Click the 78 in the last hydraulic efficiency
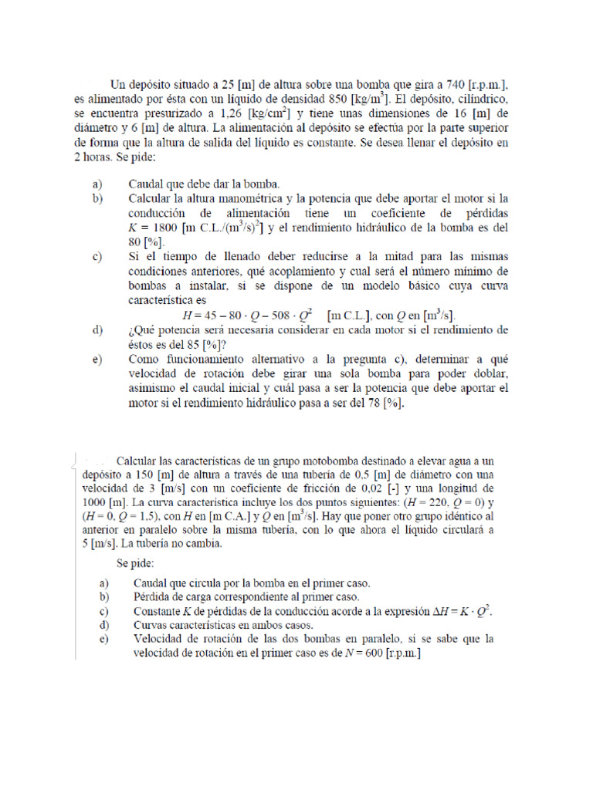(378, 403)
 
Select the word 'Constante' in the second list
(160, 610)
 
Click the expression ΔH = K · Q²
(458, 610)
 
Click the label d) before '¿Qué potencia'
(97, 330)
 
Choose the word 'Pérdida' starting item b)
(154, 596)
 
